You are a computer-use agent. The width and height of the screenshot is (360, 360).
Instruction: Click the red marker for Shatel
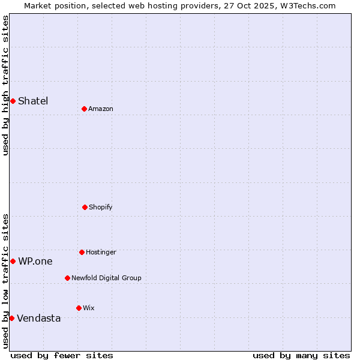[x=13, y=101]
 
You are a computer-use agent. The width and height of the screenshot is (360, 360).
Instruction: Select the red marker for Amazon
[x=84, y=109]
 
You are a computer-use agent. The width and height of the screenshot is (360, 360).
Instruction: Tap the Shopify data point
[x=85, y=207]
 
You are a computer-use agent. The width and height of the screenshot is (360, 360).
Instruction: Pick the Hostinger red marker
[x=82, y=252]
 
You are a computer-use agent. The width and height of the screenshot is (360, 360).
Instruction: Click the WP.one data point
[x=13, y=261]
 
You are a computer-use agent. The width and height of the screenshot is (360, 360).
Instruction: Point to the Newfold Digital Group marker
[x=67, y=278]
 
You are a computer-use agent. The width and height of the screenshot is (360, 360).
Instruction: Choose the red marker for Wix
[x=79, y=308]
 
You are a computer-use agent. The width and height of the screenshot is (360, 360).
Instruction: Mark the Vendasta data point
[x=11, y=318]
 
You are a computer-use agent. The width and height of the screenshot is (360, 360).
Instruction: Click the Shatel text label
[x=33, y=101]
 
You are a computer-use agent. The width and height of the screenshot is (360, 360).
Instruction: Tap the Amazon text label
[x=101, y=109]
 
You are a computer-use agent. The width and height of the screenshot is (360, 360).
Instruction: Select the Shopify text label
[x=101, y=207]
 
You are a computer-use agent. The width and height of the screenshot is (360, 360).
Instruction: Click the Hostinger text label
[x=101, y=252]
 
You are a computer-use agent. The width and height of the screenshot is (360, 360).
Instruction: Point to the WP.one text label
[x=35, y=261]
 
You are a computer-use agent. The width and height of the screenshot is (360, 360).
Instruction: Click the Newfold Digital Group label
[x=106, y=278]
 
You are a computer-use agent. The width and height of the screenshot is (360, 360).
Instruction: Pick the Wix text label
[x=89, y=308]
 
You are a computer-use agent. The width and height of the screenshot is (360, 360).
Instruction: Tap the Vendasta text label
[x=39, y=318]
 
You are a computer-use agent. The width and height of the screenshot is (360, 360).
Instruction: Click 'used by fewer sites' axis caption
[x=62, y=355]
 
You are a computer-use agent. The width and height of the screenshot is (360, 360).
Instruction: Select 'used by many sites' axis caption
[x=301, y=355]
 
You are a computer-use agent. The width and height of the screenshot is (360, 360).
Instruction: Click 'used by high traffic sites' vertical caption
[x=5, y=85]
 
